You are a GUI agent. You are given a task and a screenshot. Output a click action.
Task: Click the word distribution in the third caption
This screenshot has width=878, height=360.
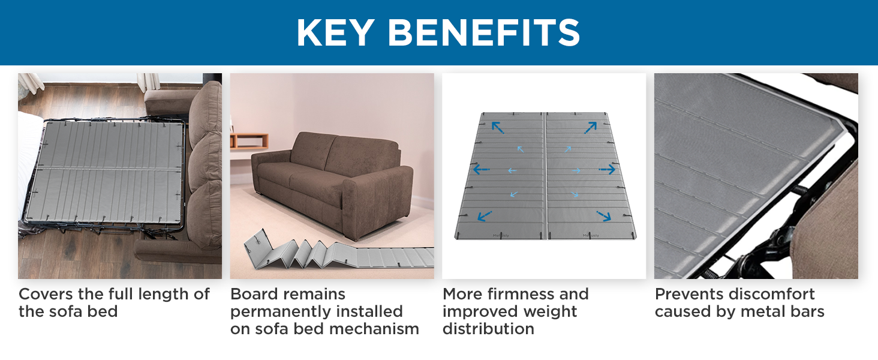click(x=488, y=329)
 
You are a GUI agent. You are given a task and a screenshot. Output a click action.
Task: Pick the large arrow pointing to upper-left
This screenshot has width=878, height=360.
click(x=498, y=127)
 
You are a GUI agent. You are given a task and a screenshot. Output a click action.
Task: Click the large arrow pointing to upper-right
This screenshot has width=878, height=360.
click(x=591, y=127)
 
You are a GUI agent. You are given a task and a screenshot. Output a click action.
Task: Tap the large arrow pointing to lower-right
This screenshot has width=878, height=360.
click(x=603, y=215)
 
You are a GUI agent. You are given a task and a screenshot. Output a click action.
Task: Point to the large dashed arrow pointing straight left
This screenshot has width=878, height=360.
click(x=482, y=170)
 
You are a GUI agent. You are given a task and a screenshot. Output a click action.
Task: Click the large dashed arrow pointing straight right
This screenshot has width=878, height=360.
click(x=607, y=170)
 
